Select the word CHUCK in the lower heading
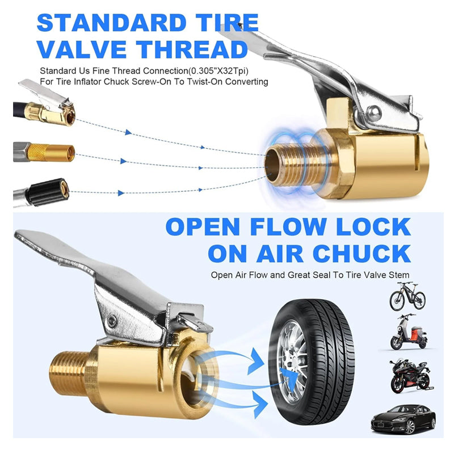tap(362, 253)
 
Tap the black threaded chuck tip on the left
tap(48, 192)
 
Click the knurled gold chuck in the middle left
tap(51, 153)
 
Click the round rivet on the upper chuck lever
tap(373, 113)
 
